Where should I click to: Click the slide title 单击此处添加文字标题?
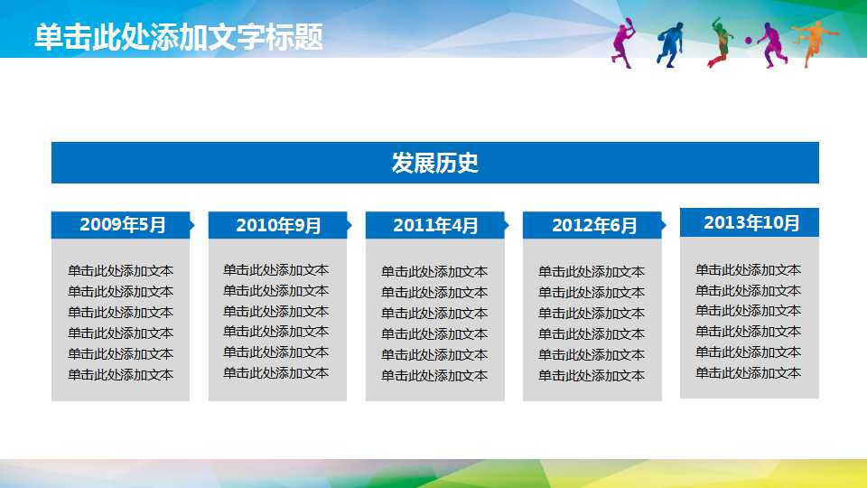(179, 37)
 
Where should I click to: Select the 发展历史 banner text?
(434, 163)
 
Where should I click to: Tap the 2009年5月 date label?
(123, 225)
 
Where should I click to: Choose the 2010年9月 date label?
(278, 226)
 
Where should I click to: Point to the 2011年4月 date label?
(435, 226)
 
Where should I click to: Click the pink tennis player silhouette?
(623, 43)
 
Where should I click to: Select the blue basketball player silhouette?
(670, 44)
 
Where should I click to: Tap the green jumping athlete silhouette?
(721, 43)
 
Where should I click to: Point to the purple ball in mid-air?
(749, 41)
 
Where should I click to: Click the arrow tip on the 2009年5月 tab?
(192, 225)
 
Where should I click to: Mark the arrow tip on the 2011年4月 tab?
(507, 225)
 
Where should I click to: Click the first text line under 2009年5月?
(120, 271)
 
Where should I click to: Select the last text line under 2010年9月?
(276, 373)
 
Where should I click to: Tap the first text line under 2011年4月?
(434, 271)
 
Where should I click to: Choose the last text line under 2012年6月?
(592, 376)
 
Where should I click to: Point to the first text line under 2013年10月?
(748, 269)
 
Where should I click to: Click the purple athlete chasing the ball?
(771, 44)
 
